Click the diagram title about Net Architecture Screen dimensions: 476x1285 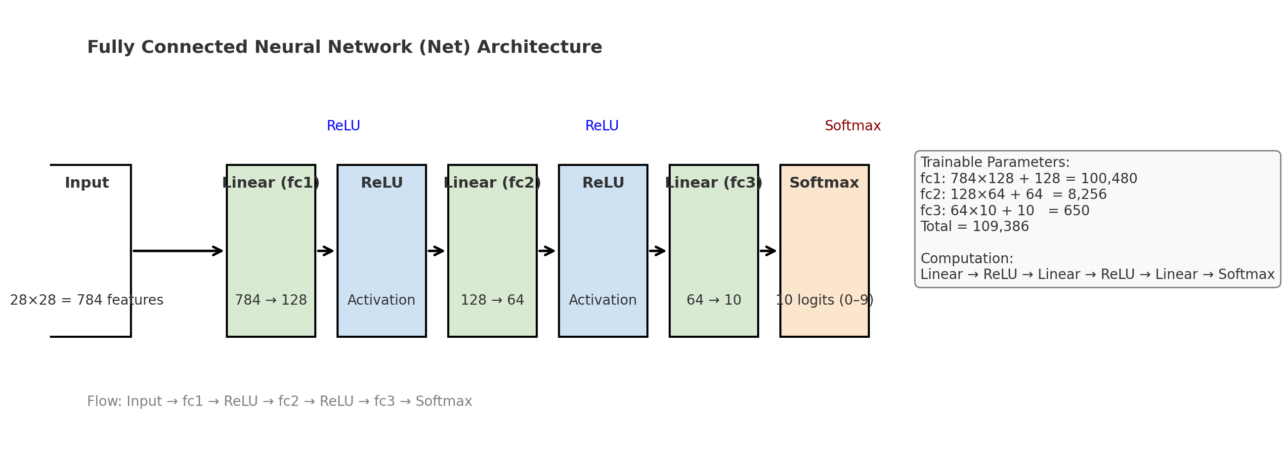tap(344, 47)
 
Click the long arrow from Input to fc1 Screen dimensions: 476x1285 tap(177, 251)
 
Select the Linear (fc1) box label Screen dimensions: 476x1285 tap(271, 183)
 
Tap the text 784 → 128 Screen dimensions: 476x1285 tap(271, 300)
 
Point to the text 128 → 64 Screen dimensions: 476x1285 tap(492, 300)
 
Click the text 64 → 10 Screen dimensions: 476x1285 tap(713, 300)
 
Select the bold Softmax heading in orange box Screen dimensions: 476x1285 tap(824, 183)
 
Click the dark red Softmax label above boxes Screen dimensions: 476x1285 tap(853, 126)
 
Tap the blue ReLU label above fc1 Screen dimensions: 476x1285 tap(343, 126)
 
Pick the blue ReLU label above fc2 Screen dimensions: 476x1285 tap(601, 126)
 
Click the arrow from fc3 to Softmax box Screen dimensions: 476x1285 tap(768, 251)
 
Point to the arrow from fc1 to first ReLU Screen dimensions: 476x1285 tap(325, 251)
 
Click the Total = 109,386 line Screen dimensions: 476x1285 tap(974, 227)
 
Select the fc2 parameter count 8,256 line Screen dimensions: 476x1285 tap(1013, 195)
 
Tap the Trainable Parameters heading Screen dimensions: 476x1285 tap(995, 162)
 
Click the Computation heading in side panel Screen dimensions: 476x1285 tap(966, 259)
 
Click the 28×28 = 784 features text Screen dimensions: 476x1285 tap(87, 300)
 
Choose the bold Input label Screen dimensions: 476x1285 tap(87, 183)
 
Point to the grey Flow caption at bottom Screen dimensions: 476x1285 tap(279, 401)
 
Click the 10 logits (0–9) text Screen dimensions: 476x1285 tap(824, 300)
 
